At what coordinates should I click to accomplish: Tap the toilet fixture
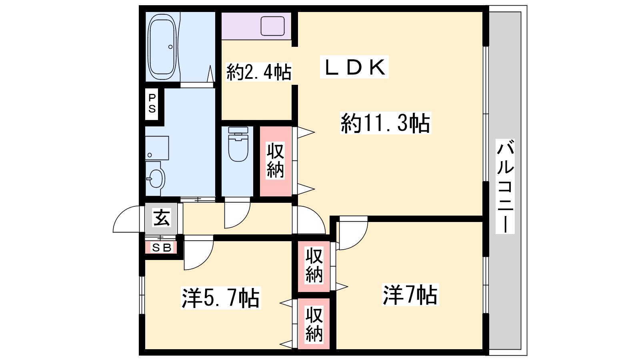coord(238,144)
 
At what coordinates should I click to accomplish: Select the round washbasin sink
coord(156,178)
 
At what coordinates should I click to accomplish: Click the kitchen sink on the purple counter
coord(272,26)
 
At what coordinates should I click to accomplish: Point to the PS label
coord(152,104)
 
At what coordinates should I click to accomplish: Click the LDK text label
coord(354,67)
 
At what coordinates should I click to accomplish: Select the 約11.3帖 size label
coord(386,123)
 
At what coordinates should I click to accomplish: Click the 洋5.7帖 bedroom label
coord(221,298)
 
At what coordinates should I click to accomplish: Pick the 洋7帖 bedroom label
coord(410,295)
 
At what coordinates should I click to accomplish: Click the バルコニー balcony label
coord(505,186)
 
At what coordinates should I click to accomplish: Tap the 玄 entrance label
coord(162,218)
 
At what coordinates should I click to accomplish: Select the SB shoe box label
coord(162,248)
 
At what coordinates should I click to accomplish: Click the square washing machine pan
coord(157,148)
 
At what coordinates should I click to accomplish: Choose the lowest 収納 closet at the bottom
coord(314,324)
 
